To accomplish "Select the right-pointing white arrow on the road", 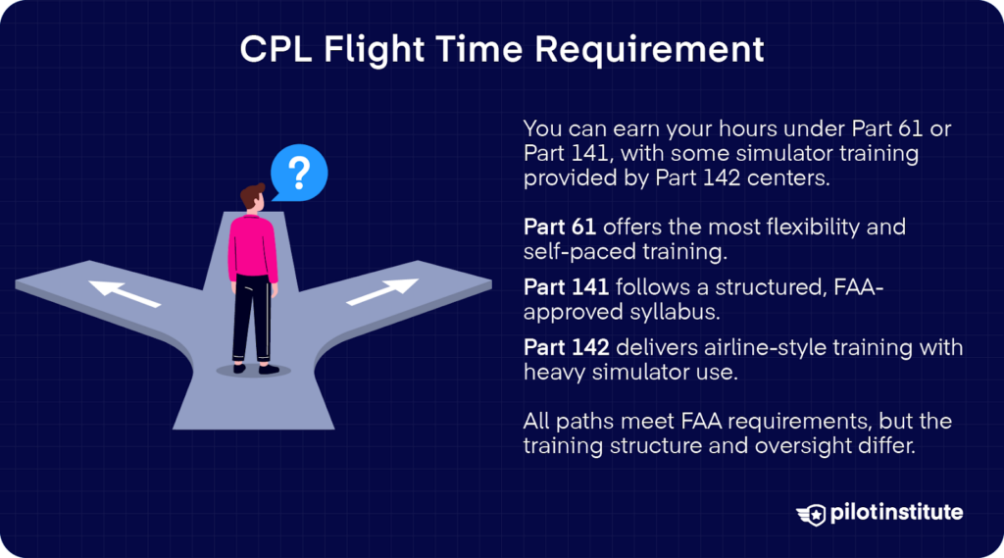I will (x=382, y=291).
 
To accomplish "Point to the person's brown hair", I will (x=253, y=193).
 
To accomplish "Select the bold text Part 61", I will (x=560, y=228).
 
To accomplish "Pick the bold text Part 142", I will (x=565, y=348).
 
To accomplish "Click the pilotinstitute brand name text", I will (x=896, y=513).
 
